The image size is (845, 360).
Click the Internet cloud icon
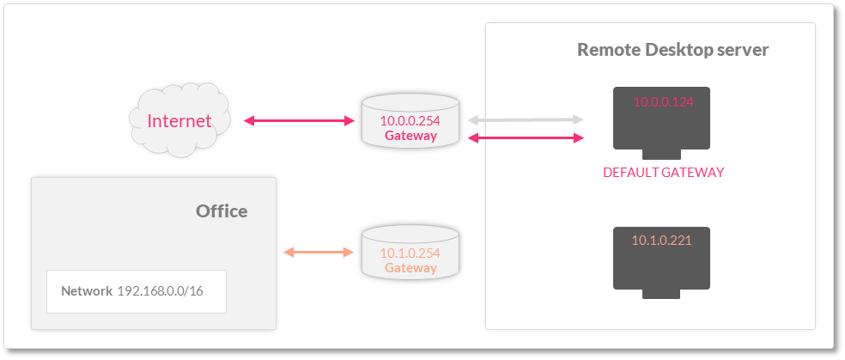[x=179, y=119]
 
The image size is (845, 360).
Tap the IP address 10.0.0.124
[x=662, y=102]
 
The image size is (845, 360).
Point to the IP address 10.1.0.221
[x=661, y=241]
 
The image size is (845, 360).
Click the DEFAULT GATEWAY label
[x=663, y=173]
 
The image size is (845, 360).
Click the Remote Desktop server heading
[x=672, y=50]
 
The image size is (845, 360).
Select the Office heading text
[x=222, y=211]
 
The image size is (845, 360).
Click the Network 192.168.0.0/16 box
[x=137, y=291]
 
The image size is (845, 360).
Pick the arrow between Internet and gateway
[x=299, y=121]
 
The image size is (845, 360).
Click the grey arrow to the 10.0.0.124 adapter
[x=526, y=120]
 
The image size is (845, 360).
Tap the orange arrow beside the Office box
[x=319, y=252]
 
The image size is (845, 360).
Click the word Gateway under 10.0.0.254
[x=410, y=136]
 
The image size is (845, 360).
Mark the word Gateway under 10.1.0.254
[x=410, y=268]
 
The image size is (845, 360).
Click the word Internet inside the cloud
[x=179, y=121]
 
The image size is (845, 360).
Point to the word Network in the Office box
[x=87, y=291]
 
